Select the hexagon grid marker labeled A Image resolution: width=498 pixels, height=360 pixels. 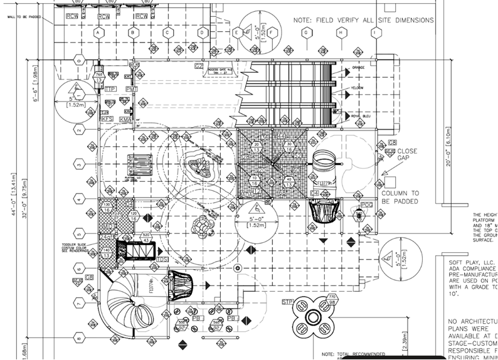click(x=98, y=31)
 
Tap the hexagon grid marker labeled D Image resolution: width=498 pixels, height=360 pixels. click(x=203, y=31)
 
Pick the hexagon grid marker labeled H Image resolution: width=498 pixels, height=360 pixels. click(x=341, y=31)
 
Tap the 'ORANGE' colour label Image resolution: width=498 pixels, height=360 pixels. click(x=358, y=67)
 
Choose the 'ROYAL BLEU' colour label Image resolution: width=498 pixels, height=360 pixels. click(x=362, y=116)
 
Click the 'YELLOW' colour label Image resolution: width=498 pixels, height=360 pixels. click(x=357, y=88)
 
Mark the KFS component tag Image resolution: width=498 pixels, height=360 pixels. click(x=107, y=119)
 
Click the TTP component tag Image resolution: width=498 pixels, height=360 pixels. click(x=110, y=90)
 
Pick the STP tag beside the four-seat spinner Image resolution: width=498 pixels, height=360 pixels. click(x=288, y=303)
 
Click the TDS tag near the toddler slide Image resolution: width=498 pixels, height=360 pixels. click(x=162, y=259)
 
